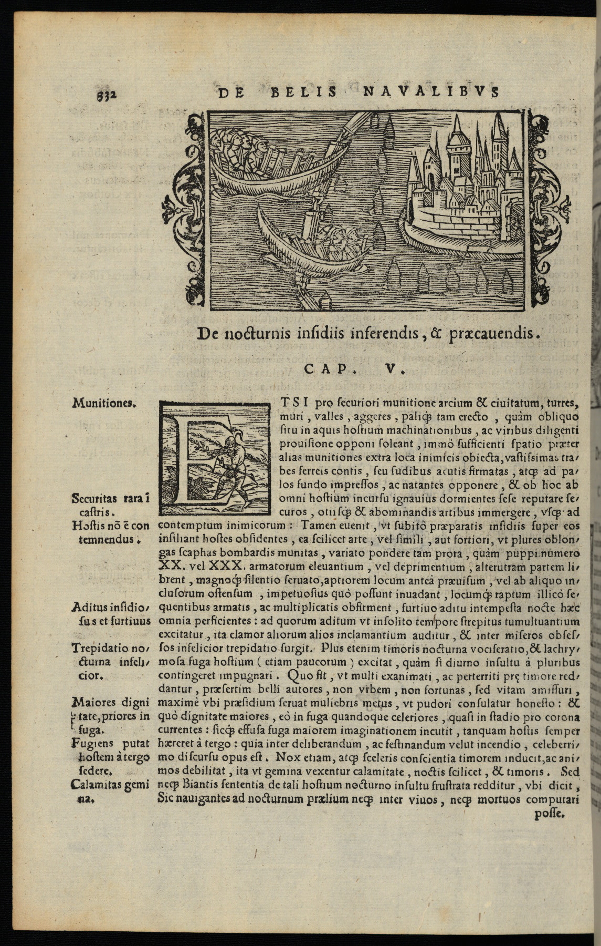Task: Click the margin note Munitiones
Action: coord(104,404)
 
